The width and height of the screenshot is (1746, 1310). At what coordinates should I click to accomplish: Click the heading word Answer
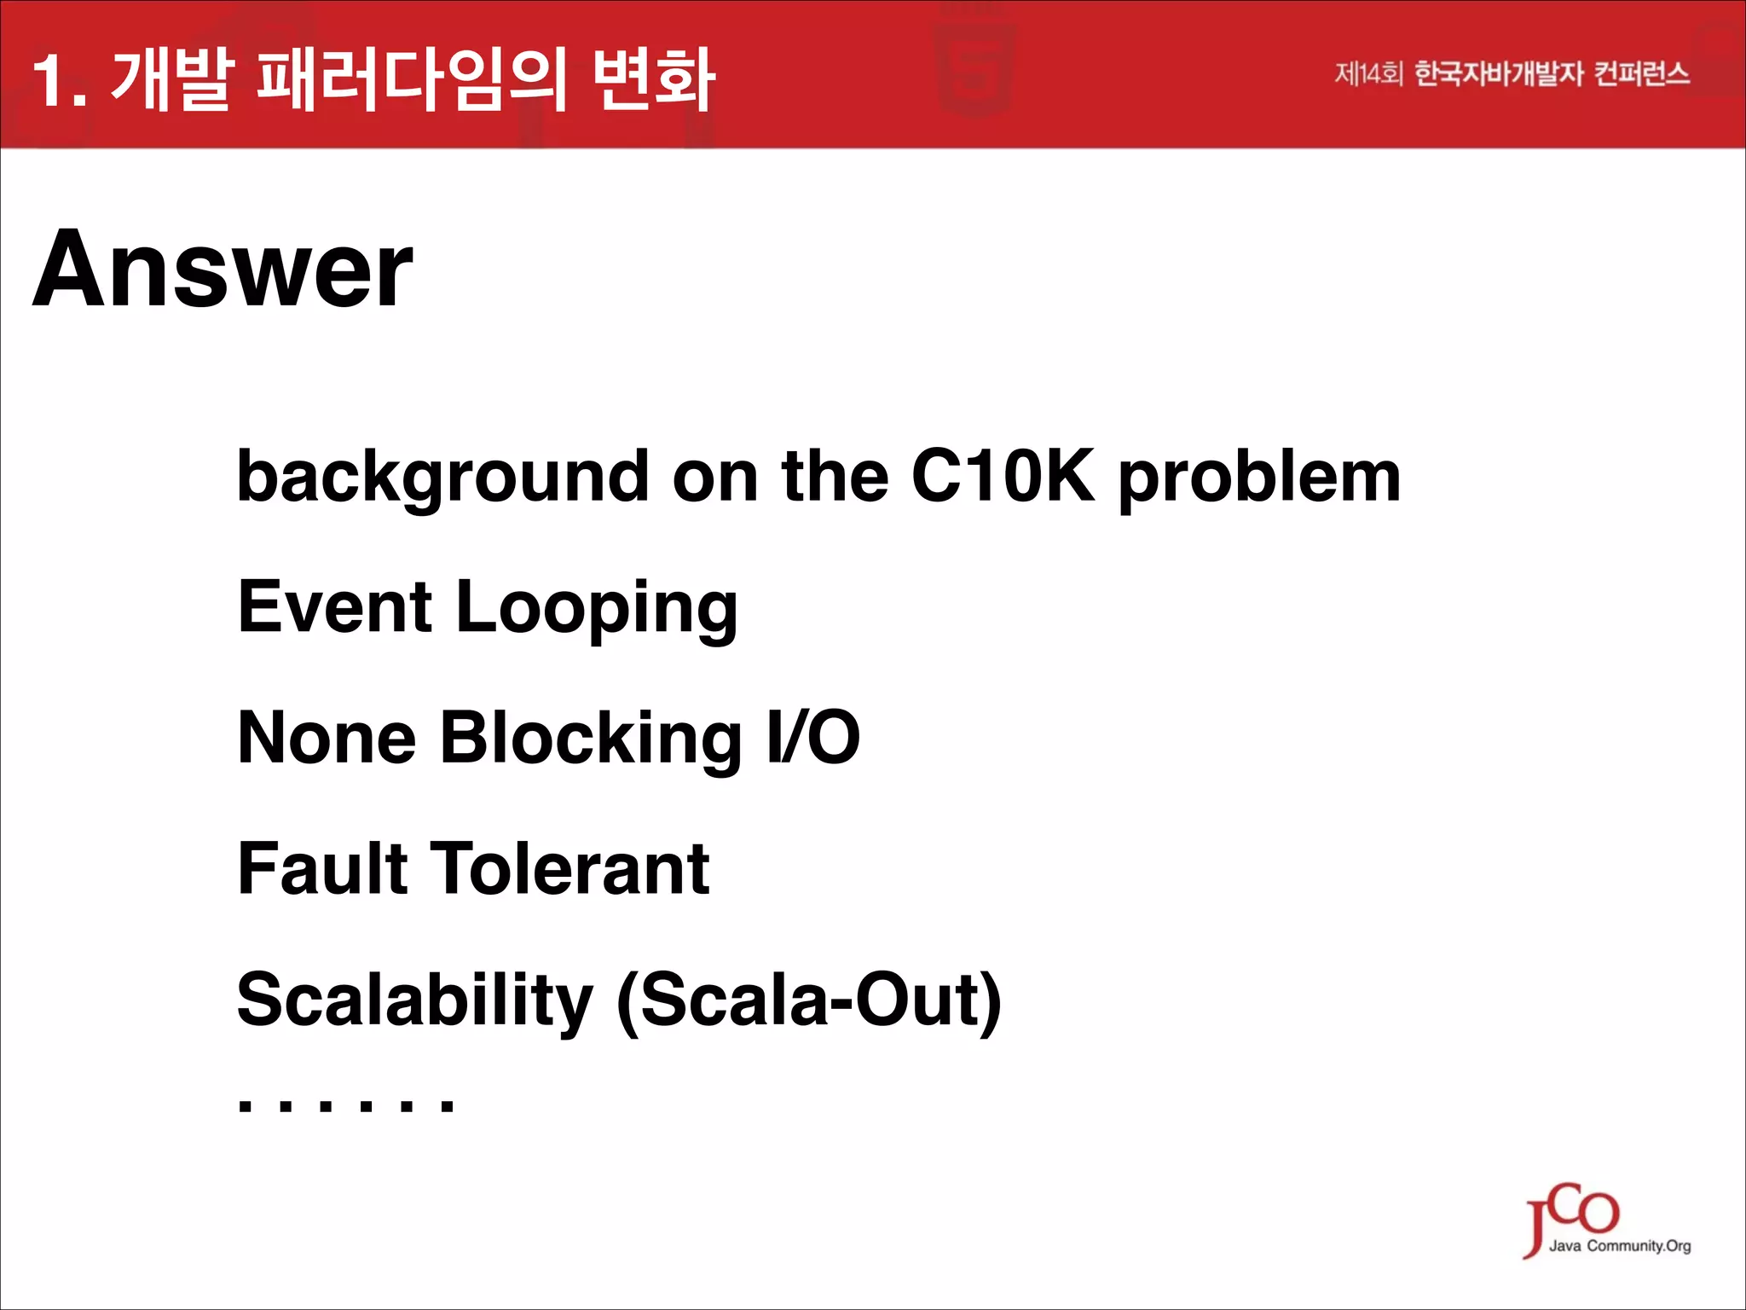click(x=223, y=270)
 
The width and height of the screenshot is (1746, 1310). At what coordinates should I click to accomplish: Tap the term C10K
click(x=1003, y=476)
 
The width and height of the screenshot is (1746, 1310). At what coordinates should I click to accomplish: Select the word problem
click(x=1259, y=478)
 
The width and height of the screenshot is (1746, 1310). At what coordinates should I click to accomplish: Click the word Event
click(x=335, y=606)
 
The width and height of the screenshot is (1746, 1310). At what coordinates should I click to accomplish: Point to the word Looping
click(x=597, y=608)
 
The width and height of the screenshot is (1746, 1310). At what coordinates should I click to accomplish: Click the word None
click(x=327, y=738)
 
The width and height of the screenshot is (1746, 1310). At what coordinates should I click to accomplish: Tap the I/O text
click(x=813, y=738)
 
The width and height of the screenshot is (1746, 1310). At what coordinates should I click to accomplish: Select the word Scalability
click(x=414, y=1000)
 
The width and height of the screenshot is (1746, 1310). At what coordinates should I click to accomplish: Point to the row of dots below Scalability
click(x=346, y=1106)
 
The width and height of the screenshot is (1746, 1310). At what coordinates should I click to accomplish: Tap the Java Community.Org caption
click(x=1619, y=1246)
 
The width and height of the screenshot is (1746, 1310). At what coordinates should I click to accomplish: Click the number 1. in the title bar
click(x=60, y=81)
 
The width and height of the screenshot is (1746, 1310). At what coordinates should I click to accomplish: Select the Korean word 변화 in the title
click(x=654, y=81)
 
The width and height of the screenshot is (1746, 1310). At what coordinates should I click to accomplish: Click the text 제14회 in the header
click(x=1367, y=74)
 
